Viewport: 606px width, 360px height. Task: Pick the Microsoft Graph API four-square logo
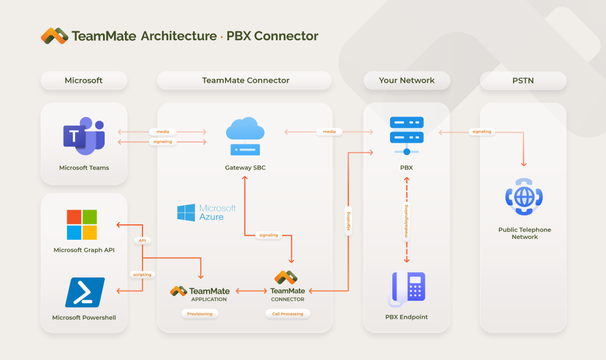(x=82, y=224)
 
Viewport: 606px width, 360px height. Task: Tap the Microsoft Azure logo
(x=207, y=213)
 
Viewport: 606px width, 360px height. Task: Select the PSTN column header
(x=523, y=81)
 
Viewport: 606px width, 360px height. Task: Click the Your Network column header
(x=407, y=81)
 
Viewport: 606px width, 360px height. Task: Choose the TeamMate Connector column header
(x=246, y=81)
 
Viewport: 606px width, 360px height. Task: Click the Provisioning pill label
(x=199, y=314)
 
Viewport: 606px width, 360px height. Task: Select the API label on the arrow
(x=142, y=240)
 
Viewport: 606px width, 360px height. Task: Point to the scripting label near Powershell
(x=142, y=274)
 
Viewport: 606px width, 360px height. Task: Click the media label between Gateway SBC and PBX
(x=329, y=131)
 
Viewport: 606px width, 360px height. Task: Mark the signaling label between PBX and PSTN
(x=481, y=131)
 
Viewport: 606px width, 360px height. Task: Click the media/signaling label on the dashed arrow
(x=407, y=220)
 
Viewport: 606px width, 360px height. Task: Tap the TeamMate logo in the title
(x=54, y=36)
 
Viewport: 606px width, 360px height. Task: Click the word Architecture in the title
(x=179, y=36)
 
